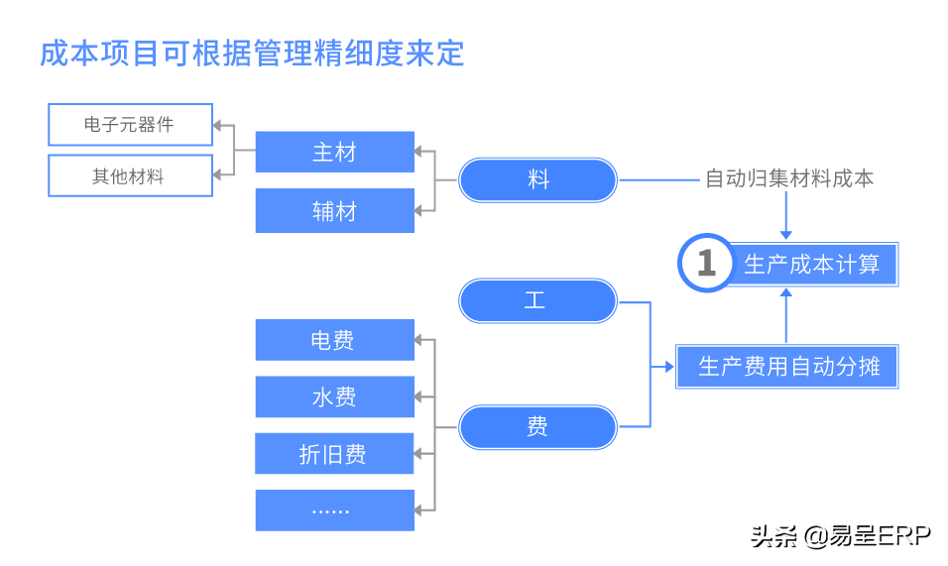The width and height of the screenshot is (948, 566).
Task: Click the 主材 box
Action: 334,153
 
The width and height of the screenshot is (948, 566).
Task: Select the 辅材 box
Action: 334,210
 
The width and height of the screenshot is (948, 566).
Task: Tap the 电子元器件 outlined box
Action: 130,125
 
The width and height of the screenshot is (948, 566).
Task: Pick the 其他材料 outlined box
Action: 130,175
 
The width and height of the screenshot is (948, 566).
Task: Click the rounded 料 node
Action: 538,180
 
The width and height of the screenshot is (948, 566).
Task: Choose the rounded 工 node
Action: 538,300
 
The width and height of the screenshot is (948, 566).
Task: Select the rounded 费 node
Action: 538,426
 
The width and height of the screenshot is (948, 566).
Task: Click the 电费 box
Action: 334,340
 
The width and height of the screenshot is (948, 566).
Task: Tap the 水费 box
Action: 334,396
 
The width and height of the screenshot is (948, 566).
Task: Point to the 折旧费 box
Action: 334,454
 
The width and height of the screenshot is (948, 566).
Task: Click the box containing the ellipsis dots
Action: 334,509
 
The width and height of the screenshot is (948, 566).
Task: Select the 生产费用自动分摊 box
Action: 787,367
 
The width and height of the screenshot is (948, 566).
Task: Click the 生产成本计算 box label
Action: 811,264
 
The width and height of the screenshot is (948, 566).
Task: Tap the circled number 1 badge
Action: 705,264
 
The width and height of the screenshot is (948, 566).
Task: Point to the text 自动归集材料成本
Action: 789,179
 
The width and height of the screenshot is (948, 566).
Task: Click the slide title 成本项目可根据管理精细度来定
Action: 252,53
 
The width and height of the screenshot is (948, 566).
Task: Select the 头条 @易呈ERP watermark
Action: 838,535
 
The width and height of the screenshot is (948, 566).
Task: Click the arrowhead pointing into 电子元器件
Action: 219,127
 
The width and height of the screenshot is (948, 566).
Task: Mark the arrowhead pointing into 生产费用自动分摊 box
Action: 669,368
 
